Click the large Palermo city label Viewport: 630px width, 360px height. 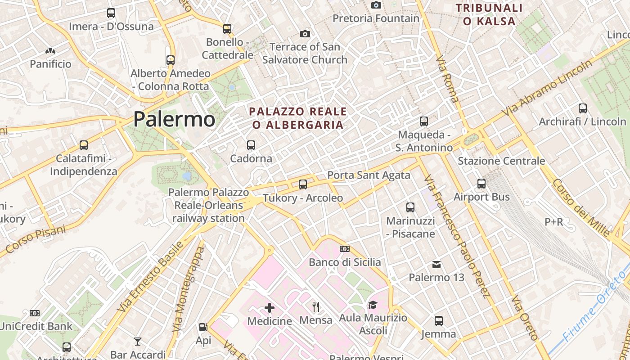click(x=174, y=119)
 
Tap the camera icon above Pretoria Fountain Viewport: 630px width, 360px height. click(x=376, y=5)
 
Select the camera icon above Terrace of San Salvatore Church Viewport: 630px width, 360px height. click(x=305, y=34)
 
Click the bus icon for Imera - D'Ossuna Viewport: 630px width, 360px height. click(x=111, y=13)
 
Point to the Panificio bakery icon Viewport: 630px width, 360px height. click(x=50, y=51)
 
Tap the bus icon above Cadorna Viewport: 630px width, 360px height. click(x=251, y=145)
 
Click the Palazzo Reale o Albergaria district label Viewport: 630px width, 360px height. click(x=298, y=118)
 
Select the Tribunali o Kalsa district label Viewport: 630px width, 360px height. click(x=489, y=14)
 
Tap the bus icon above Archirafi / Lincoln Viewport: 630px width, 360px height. click(x=583, y=108)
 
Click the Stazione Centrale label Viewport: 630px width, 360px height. click(x=501, y=161)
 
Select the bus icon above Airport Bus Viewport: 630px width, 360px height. click(x=481, y=184)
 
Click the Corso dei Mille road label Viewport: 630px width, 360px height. click(x=580, y=207)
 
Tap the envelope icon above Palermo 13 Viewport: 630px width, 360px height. click(x=436, y=264)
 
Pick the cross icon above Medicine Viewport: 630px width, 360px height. click(x=270, y=308)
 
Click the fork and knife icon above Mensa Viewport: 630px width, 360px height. click(x=316, y=307)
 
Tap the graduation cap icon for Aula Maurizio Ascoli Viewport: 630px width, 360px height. click(x=373, y=305)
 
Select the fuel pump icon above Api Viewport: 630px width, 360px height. click(x=203, y=327)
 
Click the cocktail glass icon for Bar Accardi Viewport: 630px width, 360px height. click(x=138, y=342)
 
